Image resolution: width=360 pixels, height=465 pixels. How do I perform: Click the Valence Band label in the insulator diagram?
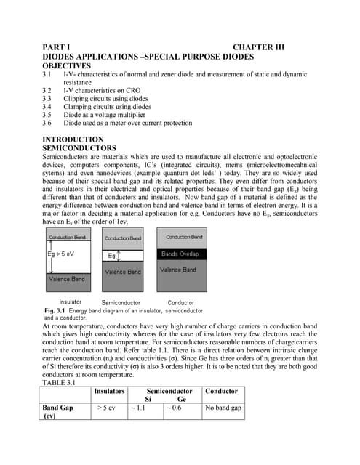[x=67, y=279]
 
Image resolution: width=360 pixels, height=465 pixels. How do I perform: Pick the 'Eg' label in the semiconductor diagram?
[x=112, y=256]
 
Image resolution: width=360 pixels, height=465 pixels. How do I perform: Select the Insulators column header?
[x=109, y=391]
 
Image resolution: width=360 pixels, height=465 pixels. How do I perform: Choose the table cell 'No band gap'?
[x=223, y=408]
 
